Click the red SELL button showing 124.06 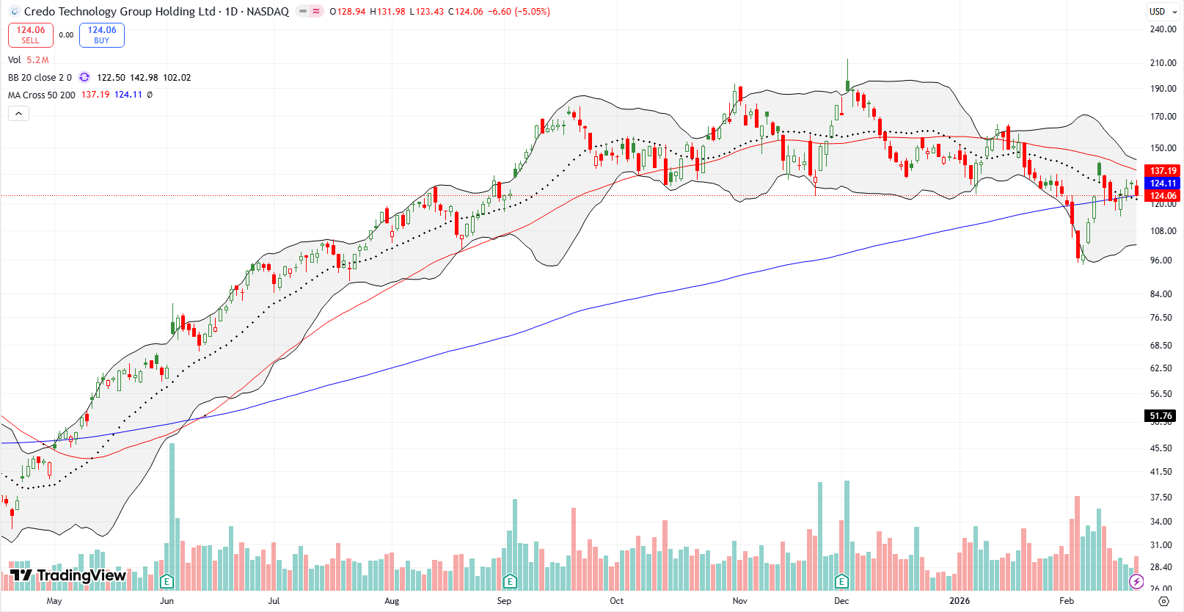31,34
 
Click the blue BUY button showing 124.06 102,34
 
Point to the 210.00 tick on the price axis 1163,63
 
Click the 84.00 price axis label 1161,294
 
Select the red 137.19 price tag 1163,170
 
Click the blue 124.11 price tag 1163,183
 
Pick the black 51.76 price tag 1161,416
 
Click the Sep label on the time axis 504,601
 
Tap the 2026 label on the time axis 960,601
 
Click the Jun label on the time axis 167,601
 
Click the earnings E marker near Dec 841,582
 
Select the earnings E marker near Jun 167,582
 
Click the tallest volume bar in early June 172,514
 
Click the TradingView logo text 81,575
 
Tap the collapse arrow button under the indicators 18,113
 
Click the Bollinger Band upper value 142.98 144,78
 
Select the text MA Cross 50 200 42,95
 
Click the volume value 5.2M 37,60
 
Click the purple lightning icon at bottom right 1136,581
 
